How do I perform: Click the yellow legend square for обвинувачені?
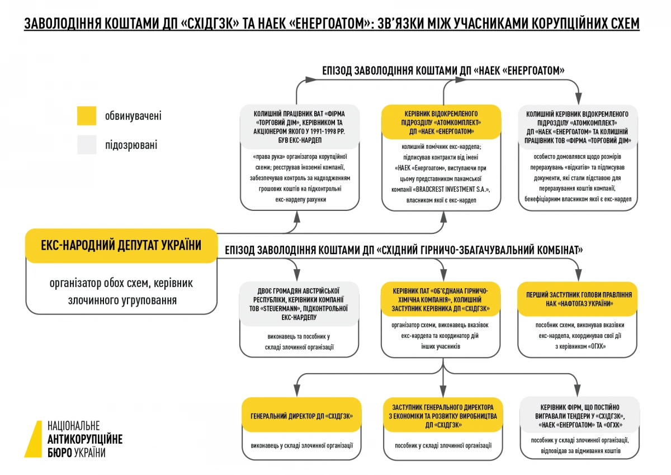click(x=87, y=116)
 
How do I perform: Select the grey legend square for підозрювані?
click(x=87, y=144)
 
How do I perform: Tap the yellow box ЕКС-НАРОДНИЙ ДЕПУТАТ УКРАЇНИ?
click(x=121, y=245)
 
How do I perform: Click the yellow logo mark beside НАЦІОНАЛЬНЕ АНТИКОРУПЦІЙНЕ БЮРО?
click(x=34, y=439)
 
